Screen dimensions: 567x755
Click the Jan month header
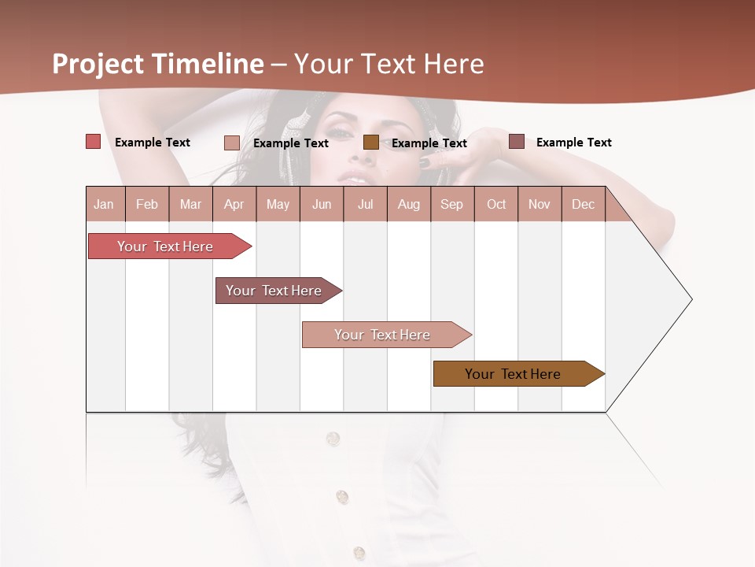104,205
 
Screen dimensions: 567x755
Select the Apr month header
234,205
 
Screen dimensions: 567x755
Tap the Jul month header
365,205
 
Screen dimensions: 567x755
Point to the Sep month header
451,205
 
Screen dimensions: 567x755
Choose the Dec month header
583,205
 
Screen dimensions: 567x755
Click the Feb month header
147,205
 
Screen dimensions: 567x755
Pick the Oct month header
496,205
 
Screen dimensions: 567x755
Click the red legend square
94,142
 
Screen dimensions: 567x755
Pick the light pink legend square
232,143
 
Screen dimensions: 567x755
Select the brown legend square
371,143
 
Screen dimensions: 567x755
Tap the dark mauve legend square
517,142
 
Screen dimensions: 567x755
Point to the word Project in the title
99,64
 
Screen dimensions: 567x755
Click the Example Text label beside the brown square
429,143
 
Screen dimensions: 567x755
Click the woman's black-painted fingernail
424,162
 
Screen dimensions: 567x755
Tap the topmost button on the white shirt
333,438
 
